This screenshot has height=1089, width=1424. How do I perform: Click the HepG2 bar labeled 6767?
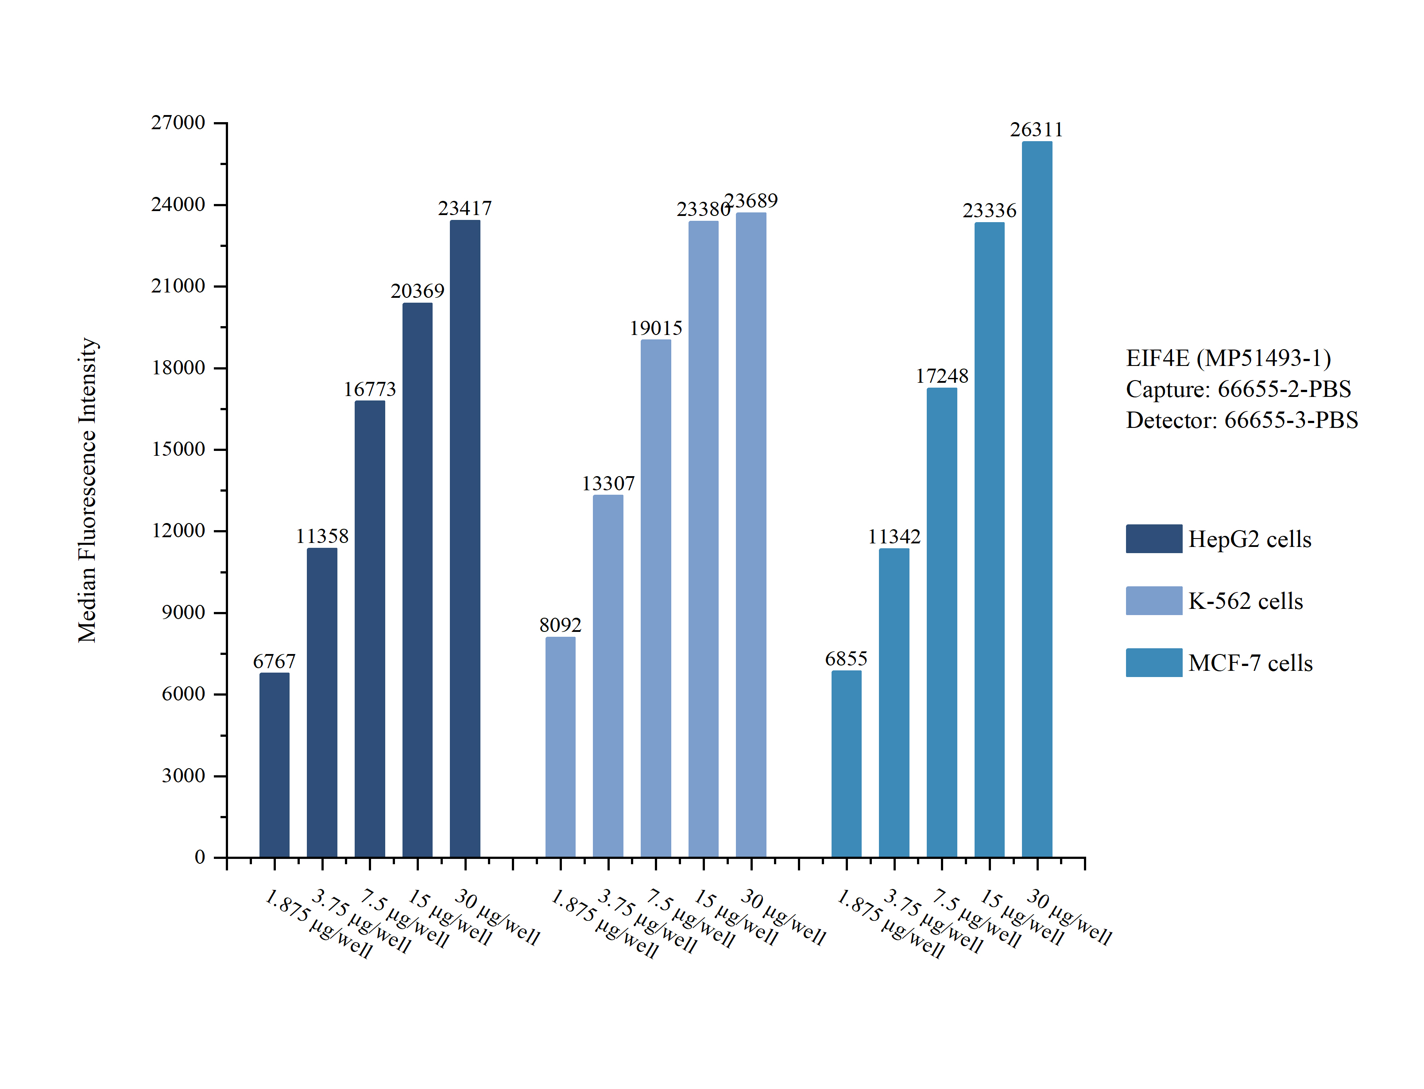pyautogui.click(x=274, y=765)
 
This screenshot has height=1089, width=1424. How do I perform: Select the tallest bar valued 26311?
pyautogui.click(x=1037, y=499)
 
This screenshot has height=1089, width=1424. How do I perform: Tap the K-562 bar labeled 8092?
pyautogui.click(x=560, y=747)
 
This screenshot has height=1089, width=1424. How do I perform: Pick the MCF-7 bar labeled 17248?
pyautogui.click(x=941, y=622)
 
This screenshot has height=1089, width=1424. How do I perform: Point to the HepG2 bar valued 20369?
pyautogui.click(x=418, y=580)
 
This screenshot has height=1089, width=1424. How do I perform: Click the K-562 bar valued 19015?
pyautogui.click(x=656, y=598)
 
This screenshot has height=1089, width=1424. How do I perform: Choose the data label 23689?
pyautogui.click(x=751, y=201)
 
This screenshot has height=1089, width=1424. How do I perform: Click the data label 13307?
pyautogui.click(x=608, y=484)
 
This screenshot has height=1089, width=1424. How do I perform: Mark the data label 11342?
pyautogui.click(x=894, y=537)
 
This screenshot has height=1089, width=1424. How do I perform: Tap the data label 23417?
pyautogui.click(x=465, y=209)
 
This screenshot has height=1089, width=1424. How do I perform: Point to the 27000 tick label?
pyautogui.click(x=178, y=123)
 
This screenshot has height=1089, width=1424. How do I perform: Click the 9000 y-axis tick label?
pyautogui.click(x=183, y=612)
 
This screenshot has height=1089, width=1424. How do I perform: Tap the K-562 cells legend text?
pyautogui.click(x=1246, y=601)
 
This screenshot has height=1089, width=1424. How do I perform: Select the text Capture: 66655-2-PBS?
pyautogui.click(x=1238, y=389)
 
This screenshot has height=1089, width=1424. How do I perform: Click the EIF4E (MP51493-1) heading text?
pyautogui.click(x=1228, y=358)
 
